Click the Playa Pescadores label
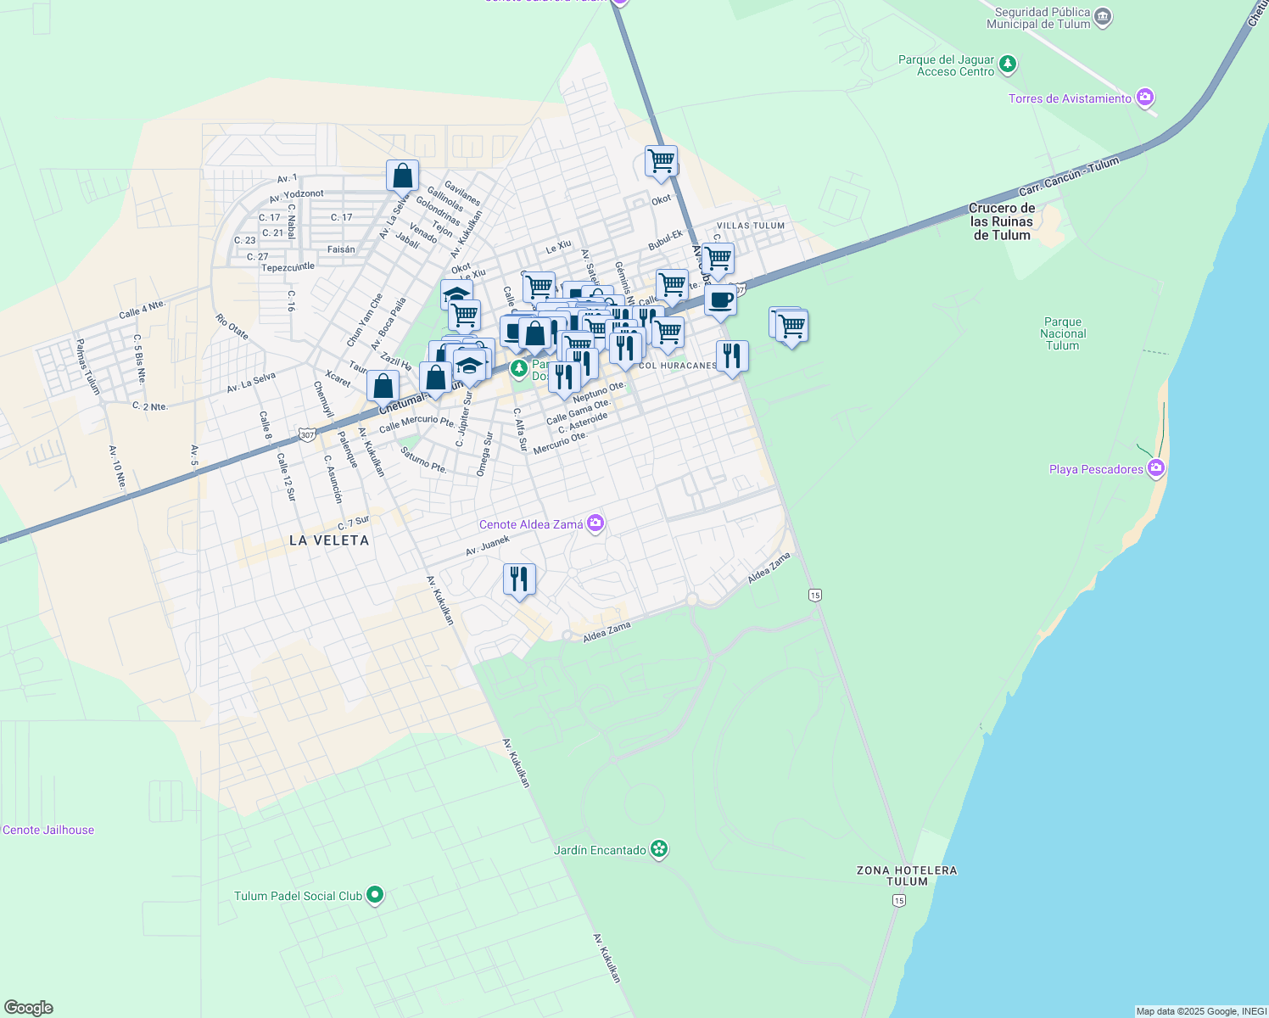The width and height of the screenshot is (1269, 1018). (x=1096, y=469)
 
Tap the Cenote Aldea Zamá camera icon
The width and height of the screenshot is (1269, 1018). (x=595, y=524)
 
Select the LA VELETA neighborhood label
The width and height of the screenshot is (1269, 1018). (x=329, y=540)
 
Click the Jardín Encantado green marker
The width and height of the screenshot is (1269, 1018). (x=660, y=849)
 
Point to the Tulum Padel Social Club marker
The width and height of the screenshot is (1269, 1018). (x=375, y=895)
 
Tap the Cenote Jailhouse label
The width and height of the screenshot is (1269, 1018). (x=48, y=830)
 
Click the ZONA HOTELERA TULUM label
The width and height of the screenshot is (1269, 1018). (x=907, y=875)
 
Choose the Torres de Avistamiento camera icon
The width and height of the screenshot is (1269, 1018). (x=1146, y=98)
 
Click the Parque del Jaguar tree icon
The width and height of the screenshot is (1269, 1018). (x=1007, y=64)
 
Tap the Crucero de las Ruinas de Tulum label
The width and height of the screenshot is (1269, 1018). (x=1002, y=221)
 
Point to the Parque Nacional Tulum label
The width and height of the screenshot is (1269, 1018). (x=1062, y=333)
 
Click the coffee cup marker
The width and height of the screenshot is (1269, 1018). (x=720, y=300)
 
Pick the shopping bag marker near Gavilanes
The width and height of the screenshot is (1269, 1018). (x=402, y=176)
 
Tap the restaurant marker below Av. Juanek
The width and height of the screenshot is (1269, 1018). (x=519, y=579)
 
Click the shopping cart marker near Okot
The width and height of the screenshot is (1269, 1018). (x=661, y=159)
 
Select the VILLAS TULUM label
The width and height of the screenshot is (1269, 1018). (x=751, y=226)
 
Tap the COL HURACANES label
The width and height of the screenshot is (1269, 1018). (x=678, y=366)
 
